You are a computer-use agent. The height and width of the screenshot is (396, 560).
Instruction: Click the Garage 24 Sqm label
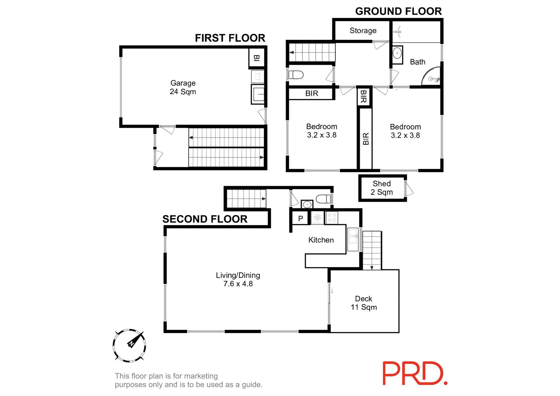(183, 87)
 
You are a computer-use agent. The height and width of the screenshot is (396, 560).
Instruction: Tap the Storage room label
(363, 31)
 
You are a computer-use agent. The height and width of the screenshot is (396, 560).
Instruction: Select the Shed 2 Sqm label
(381, 188)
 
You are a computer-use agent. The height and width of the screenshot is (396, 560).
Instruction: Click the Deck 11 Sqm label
(363, 303)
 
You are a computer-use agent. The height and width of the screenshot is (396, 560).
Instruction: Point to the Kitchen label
(321, 240)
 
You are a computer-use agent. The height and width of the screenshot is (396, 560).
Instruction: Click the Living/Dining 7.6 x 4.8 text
(238, 279)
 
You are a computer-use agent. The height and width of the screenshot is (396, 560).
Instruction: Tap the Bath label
(417, 62)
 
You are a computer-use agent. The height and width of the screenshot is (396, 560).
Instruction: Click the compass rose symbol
(129, 346)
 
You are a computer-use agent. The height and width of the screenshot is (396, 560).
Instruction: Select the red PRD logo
(414, 374)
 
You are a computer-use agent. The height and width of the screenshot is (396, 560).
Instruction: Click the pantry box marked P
(300, 218)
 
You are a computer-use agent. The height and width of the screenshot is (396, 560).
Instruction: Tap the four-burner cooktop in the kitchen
(332, 218)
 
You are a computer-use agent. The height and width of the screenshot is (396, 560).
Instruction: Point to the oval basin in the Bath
(397, 54)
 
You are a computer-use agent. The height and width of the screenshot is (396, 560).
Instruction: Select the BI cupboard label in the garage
(256, 58)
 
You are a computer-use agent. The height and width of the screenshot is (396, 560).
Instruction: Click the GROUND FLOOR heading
(398, 11)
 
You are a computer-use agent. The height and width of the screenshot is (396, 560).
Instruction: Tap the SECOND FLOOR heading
(205, 219)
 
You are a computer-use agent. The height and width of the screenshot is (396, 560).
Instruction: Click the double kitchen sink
(353, 239)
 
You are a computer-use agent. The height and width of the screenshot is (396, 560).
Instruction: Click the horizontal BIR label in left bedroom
(311, 94)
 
